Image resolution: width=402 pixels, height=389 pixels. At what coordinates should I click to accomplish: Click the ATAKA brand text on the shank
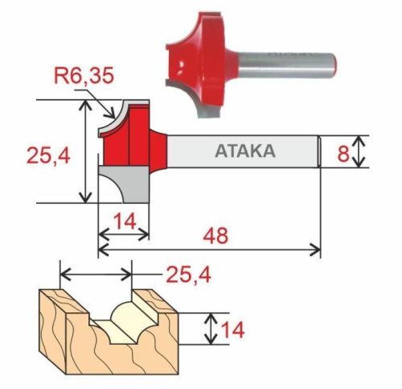click(x=245, y=151)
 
